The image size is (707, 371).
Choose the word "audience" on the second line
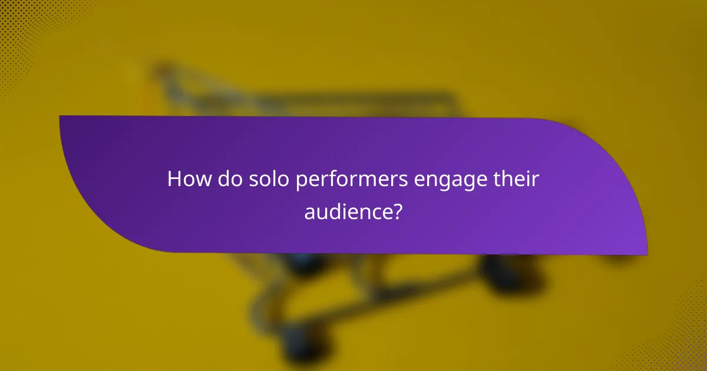click(x=347, y=211)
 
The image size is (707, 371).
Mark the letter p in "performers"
click(x=300, y=181)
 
